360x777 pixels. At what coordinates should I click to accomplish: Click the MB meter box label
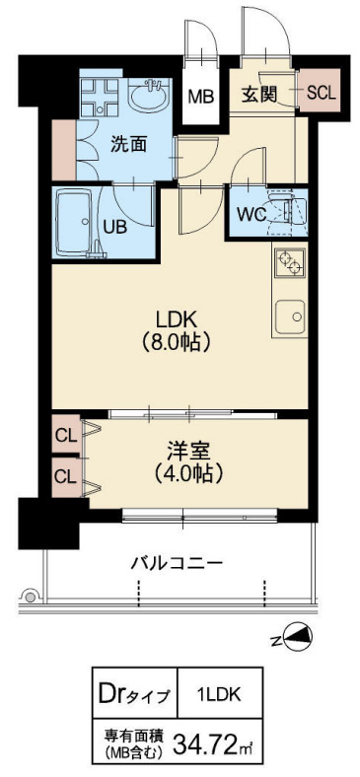tap(201, 97)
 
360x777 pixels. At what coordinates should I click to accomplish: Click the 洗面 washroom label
tap(128, 144)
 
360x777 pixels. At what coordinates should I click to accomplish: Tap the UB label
tap(115, 224)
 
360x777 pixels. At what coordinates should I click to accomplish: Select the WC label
tap(249, 212)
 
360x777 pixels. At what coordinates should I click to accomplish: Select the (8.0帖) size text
tap(179, 343)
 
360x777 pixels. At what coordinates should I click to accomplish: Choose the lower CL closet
tap(66, 476)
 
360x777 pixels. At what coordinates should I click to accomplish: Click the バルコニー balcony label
tap(178, 564)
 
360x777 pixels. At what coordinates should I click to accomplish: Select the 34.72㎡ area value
tap(213, 740)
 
